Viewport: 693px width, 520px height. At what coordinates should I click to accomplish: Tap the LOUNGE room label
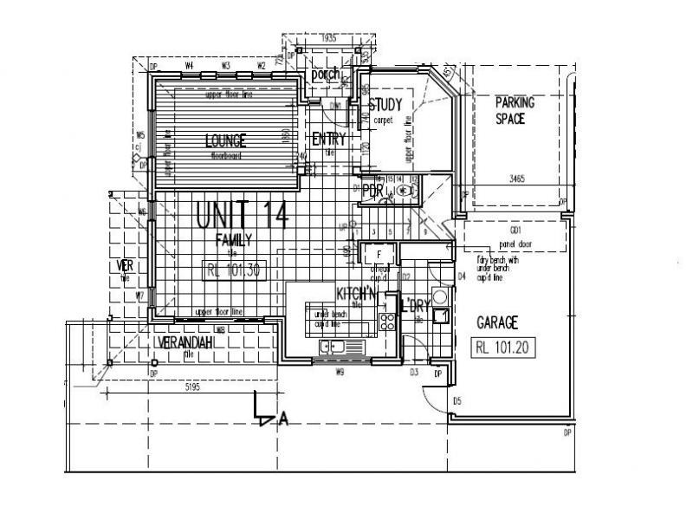click(x=225, y=140)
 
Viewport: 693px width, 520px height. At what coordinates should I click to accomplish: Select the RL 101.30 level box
click(x=232, y=270)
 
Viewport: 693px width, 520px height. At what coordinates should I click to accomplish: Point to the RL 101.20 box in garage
click(x=503, y=348)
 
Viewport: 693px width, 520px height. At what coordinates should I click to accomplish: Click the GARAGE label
click(x=497, y=322)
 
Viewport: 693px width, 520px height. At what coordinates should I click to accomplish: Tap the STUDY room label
click(x=386, y=106)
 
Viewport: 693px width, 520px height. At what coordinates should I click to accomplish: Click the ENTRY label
click(x=329, y=139)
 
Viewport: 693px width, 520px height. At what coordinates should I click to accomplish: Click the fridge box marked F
click(x=379, y=254)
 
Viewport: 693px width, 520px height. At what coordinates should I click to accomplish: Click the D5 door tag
click(x=457, y=400)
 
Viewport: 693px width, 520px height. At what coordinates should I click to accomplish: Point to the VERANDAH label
click(x=186, y=343)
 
